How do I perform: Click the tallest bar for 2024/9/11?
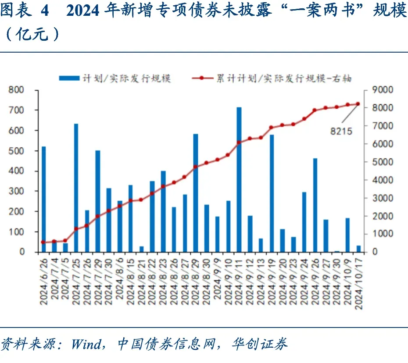point(239,180)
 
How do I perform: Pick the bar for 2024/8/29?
point(196,193)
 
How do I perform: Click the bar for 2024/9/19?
point(272,193)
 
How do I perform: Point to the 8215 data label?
point(341,130)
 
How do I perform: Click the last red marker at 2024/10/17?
point(358,104)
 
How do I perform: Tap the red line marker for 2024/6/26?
point(43,242)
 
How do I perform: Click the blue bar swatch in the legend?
point(69,78)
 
